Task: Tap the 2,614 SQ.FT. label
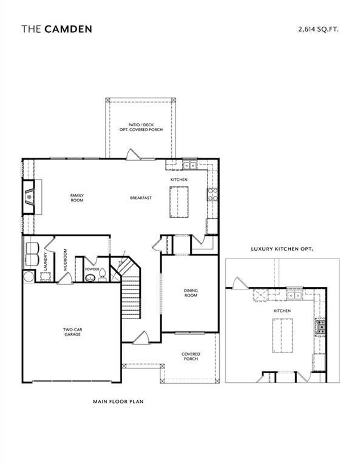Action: pyautogui.click(x=318, y=29)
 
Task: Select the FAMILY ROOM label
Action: pyautogui.click(x=76, y=197)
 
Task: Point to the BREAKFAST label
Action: pyautogui.click(x=140, y=198)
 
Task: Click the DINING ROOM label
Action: pyautogui.click(x=191, y=293)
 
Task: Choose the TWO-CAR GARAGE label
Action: pyautogui.click(x=72, y=332)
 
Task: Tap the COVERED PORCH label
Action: pyautogui.click(x=191, y=356)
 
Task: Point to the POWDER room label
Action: pyautogui.click(x=92, y=269)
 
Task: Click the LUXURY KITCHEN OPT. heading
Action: pyautogui.click(x=282, y=249)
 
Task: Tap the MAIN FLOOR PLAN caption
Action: pyautogui.click(x=118, y=401)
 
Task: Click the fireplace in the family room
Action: pyautogui.click(x=29, y=197)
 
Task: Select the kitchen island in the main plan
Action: pyautogui.click(x=178, y=201)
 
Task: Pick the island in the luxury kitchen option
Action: pyautogui.click(x=282, y=335)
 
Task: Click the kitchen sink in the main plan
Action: pyautogui.click(x=189, y=164)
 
